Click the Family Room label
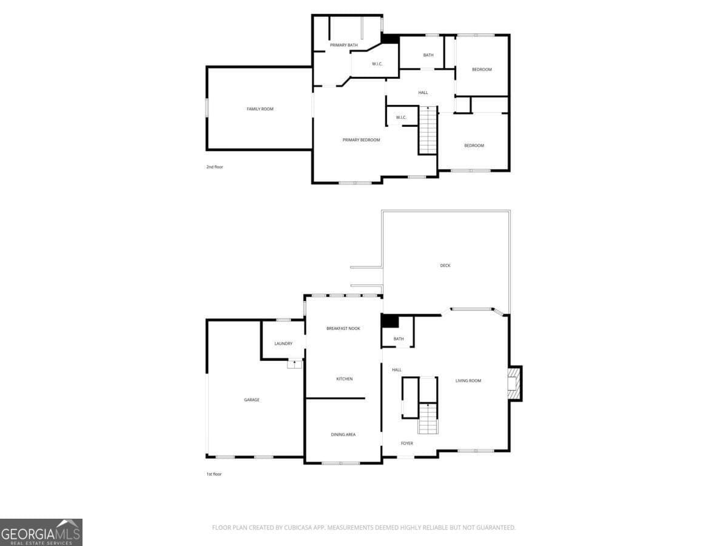[x=260, y=109]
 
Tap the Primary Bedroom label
[x=361, y=140]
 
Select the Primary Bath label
[x=343, y=45]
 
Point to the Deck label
[x=445, y=266]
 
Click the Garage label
[x=252, y=400]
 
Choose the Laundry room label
[x=283, y=344]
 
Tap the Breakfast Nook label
[x=343, y=329]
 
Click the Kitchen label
[x=345, y=379]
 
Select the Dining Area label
[x=343, y=434]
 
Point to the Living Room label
[x=468, y=381]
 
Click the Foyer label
[x=407, y=443]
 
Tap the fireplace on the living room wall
[x=514, y=383]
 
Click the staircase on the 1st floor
[x=428, y=419]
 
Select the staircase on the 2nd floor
[x=428, y=130]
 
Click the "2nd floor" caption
[x=215, y=167]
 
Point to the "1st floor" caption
[x=214, y=474]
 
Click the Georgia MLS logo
[x=41, y=532]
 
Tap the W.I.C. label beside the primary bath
[x=376, y=64]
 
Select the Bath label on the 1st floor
[x=399, y=339]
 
